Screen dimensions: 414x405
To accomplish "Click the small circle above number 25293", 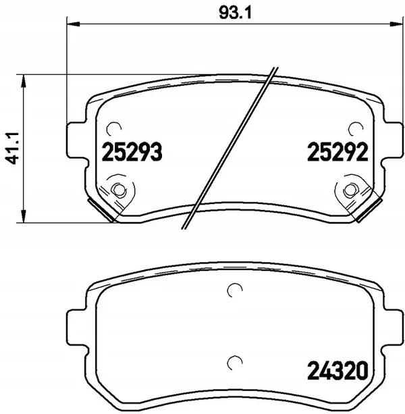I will pyautogui.click(x=115, y=128).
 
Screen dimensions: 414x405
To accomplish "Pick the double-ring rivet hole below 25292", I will pyautogui.click(x=351, y=190).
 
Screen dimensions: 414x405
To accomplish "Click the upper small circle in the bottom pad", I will pyautogui.click(x=234, y=290).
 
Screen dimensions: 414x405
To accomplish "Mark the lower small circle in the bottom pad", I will pyautogui.click(x=234, y=362).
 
